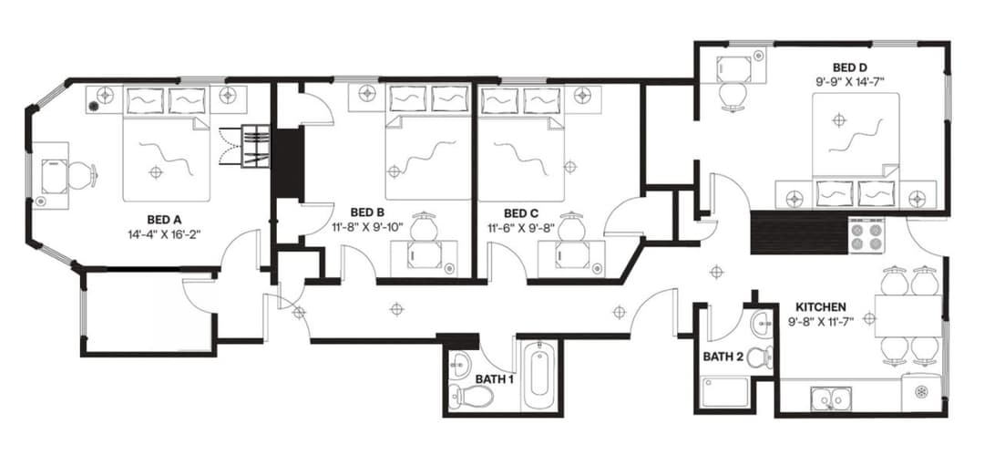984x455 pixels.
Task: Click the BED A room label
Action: click(x=165, y=219)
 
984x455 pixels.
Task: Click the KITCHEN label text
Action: click(x=821, y=306)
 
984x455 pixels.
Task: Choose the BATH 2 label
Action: click(x=723, y=357)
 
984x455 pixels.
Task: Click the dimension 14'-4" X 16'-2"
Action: click(x=165, y=233)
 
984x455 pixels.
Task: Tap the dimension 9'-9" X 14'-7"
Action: click(x=848, y=81)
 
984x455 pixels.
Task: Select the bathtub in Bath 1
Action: click(x=538, y=375)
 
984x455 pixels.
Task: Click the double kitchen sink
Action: click(x=830, y=398)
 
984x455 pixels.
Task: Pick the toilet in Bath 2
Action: click(x=760, y=357)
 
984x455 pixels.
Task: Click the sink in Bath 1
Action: click(x=462, y=359)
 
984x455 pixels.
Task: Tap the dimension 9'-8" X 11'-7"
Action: click(x=821, y=321)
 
